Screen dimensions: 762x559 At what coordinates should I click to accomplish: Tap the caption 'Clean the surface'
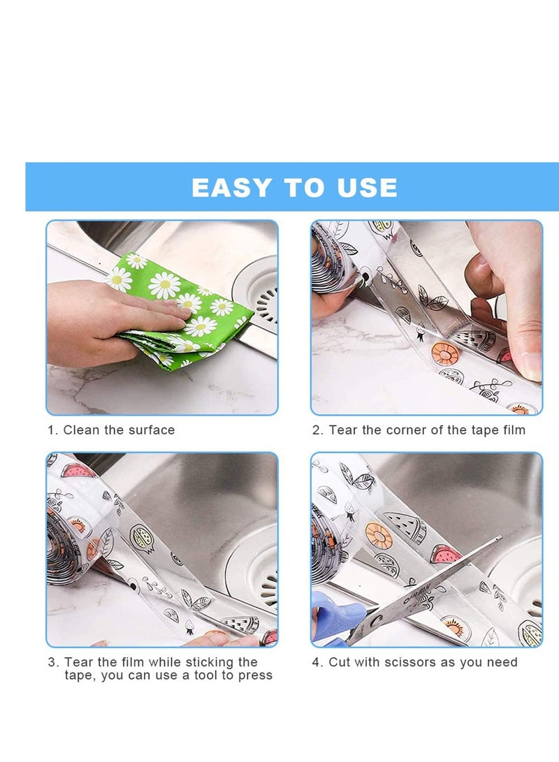[119, 430]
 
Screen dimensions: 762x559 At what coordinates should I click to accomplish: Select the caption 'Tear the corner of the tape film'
[427, 430]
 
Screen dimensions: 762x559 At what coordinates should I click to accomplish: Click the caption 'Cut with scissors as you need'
[423, 662]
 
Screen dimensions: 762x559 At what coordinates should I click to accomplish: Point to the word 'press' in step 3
[254, 675]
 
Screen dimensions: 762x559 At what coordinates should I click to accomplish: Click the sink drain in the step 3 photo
[259, 573]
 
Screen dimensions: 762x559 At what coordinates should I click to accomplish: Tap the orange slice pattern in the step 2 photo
[445, 353]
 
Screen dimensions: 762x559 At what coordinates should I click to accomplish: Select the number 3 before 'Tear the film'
[52, 662]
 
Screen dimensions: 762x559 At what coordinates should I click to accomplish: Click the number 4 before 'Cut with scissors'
[317, 662]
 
